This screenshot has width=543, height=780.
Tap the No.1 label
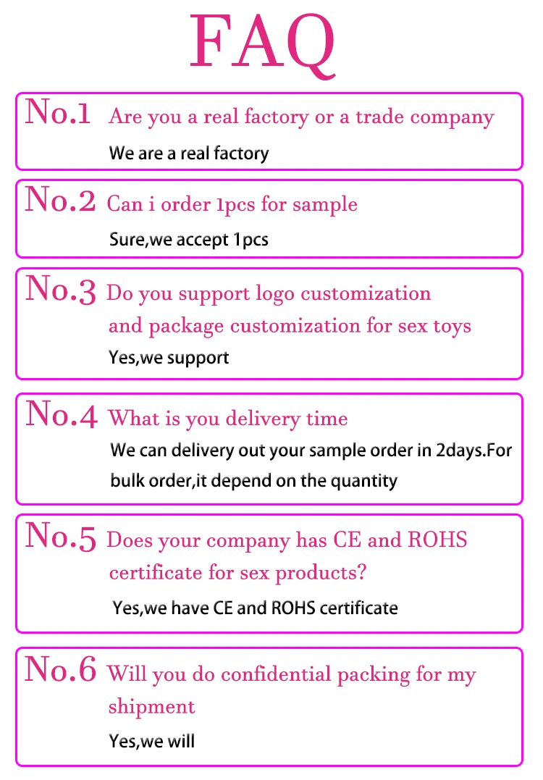tap(58, 114)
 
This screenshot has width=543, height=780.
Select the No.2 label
tap(60, 201)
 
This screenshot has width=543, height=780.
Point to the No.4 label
tap(60, 414)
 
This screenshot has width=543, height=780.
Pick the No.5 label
tap(60, 536)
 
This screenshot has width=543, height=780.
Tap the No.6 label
tap(60, 670)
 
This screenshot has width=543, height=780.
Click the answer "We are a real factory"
tap(189, 154)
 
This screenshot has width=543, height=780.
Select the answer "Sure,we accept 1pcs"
tap(189, 239)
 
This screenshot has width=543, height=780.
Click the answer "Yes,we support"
tap(169, 357)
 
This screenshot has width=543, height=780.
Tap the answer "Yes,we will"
tap(152, 741)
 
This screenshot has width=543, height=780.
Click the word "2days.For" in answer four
tap(473, 450)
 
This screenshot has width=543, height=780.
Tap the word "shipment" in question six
tap(151, 706)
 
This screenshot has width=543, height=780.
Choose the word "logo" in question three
tap(274, 295)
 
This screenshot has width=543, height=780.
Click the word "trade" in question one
tap(380, 117)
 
